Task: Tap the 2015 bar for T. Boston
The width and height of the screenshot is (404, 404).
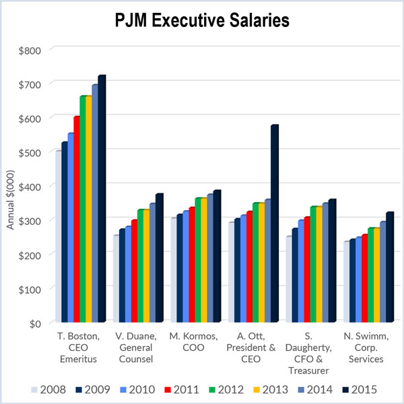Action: (101, 202)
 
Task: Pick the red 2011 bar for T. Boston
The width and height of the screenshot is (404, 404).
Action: (77, 222)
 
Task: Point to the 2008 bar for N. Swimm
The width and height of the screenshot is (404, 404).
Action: (347, 283)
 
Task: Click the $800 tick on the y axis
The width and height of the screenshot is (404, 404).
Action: (30, 50)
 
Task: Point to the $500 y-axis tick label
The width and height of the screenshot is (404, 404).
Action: (30, 152)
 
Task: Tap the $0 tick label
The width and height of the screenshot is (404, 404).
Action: (35, 323)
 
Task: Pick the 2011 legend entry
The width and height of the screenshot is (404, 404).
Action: (182, 389)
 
